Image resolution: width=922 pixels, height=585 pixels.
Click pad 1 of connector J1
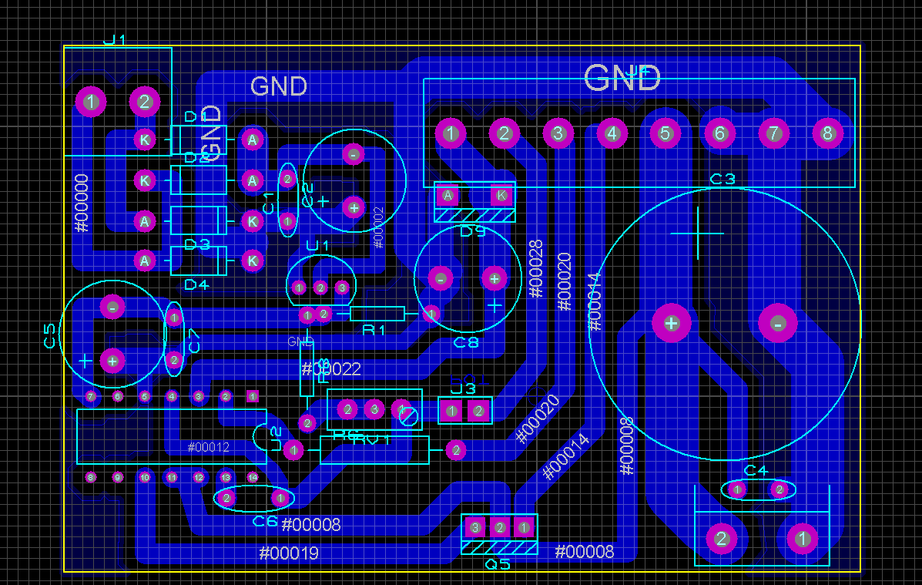point(91,101)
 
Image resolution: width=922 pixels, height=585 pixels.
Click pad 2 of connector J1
point(144,101)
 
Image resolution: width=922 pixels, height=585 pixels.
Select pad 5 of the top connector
point(666,133)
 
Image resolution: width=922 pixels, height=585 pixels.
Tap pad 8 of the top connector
point(827,133)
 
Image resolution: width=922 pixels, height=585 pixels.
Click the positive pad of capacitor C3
point(671,324)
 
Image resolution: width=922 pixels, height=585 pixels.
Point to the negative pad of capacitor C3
point(778,324)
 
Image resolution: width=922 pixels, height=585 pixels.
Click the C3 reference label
point(723,180)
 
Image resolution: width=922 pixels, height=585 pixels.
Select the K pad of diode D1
point(144,140)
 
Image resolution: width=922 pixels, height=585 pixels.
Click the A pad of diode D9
point(448,195)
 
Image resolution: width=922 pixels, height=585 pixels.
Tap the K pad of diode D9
point(502,195)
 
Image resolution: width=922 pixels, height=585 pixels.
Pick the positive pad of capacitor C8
point(495,278)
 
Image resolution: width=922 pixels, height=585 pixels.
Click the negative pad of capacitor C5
point(112,308)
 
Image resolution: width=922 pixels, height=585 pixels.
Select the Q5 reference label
point(497,564)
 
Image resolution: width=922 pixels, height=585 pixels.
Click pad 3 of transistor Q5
point(475,528)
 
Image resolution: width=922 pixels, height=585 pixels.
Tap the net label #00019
point(289,553)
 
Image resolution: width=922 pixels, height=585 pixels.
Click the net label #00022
point(331,369)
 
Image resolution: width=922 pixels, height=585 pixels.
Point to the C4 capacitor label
point(756,471)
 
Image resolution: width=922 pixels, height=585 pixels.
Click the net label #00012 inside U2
point(209,447)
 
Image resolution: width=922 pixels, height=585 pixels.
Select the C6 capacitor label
point(265,521)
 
